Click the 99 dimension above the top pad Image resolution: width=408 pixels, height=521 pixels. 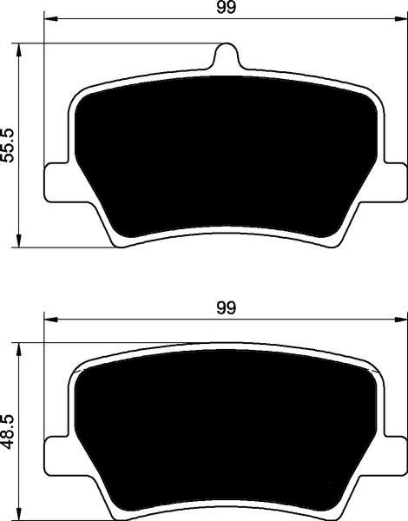[226, 7]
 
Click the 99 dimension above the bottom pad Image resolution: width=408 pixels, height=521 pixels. [226, 307]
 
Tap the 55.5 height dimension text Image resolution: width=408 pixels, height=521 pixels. [7, 145]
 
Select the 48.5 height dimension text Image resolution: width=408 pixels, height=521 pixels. [7, 432]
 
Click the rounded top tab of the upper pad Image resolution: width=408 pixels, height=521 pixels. [227, 55]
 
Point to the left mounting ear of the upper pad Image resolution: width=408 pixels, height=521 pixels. [56, 182]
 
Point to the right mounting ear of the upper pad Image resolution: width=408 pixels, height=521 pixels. [396, 182]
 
